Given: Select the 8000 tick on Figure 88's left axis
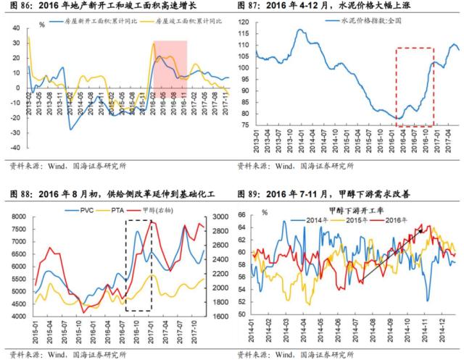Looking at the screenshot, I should click(x=22, y=217).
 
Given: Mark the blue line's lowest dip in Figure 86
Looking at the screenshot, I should click(x=71, y=129).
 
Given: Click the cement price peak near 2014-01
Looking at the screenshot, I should click(x=300, y=30).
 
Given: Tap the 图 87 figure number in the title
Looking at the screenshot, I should click(x=246, y=7).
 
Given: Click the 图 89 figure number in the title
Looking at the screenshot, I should click(x=246, y=195).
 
